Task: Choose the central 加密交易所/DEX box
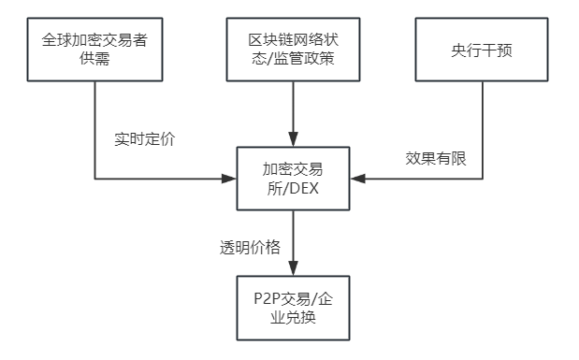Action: tap(294, 178)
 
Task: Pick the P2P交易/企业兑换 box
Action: tap(294, 309)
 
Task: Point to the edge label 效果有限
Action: tap(436, 158)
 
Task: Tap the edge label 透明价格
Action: tap(251, 248)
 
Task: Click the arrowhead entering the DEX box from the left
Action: tap(230, 178)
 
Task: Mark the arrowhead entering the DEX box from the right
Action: tap(357, 178)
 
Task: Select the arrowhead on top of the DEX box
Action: tap(294, 140)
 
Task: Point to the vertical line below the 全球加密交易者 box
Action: tap(94, 122)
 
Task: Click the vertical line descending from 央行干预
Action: tap(482, 122)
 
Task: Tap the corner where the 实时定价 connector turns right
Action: tap(94, 178)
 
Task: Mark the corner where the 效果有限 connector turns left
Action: tap(482, 178)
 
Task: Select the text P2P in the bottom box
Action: tap(268, 299)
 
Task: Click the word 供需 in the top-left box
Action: tap(94, 61)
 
